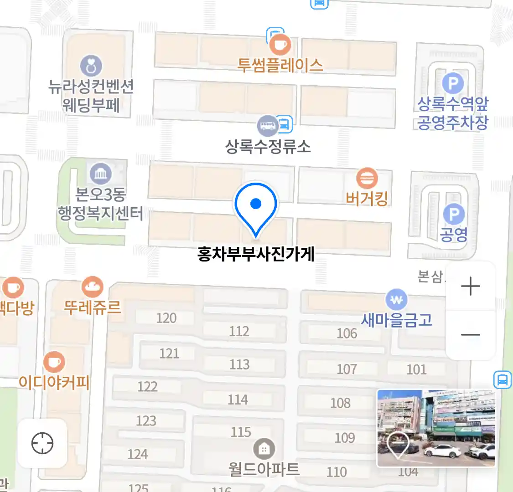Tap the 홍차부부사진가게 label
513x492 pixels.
click(x=256, y=254)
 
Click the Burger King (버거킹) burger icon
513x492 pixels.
click(x=367, y=178)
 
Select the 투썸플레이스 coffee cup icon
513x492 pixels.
click(x=280, y=45)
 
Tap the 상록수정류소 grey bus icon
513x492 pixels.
click(x=268, y=125)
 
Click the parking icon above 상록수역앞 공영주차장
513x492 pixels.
click(x=452, y=83)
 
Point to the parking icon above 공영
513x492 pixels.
click(x=453, y=215)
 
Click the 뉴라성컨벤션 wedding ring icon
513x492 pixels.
click(x=91, y=66)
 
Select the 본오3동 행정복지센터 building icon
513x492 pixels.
click(x=100, y=174)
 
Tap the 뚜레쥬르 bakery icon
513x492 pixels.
click(x=93, y=287)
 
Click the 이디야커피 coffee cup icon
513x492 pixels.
click(x=54, y=362)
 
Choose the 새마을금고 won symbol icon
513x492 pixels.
click(x=396, y=300)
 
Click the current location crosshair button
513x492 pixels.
click(x=42, y=443)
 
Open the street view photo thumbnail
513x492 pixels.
click(x=436, y=428)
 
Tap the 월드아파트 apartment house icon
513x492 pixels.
click(x=264, y=450)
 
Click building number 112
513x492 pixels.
click(x=239, y=331)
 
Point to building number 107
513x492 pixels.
click(x=347, y=369)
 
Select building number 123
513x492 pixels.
click(x=146, y=420)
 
